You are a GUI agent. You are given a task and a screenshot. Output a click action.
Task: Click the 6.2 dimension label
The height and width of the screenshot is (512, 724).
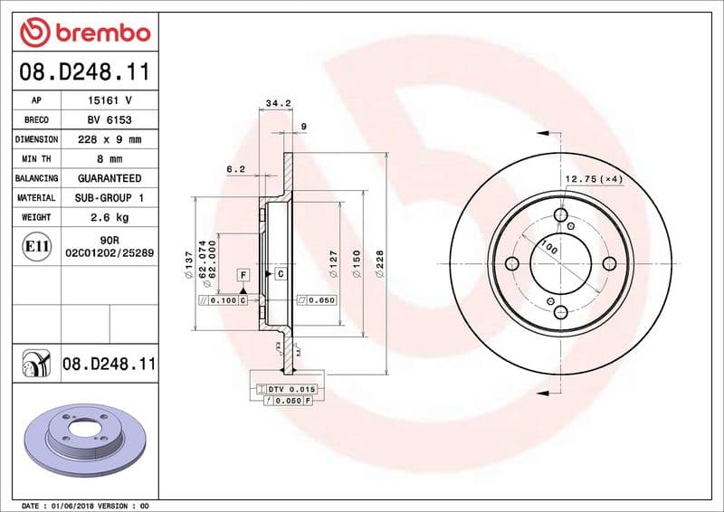coord(235,168)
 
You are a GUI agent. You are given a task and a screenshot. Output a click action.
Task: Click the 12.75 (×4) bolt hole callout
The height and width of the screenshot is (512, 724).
coord(595,179)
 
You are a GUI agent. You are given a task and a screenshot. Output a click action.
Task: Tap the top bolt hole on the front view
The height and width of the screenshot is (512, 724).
coord(560,215)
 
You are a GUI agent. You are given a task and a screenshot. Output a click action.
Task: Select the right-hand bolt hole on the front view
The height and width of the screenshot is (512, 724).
coord(609,263)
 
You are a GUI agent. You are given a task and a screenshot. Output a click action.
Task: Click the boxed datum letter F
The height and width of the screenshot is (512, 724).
coord(243,273)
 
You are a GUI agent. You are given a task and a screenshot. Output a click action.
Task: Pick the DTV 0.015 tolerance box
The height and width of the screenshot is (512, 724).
coord(290,388)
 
